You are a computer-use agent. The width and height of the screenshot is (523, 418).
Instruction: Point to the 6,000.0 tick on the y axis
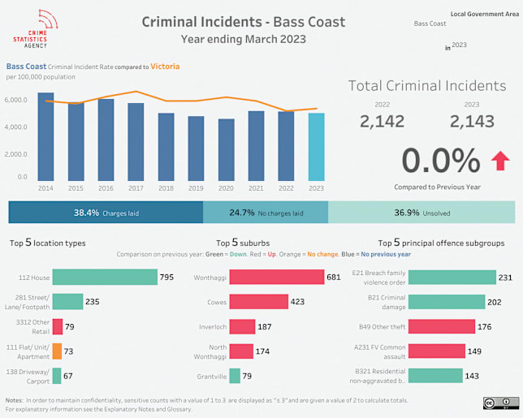coord(17,100)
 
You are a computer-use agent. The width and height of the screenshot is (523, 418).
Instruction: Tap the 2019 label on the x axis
coord(197,187)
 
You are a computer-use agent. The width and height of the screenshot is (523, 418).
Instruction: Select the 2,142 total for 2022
coord(382,121)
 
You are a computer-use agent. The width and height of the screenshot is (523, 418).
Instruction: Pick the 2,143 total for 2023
coord(471,121)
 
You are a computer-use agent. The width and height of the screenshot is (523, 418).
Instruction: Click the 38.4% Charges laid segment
coord(106,213)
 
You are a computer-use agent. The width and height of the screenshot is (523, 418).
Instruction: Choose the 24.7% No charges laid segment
coord(266,213)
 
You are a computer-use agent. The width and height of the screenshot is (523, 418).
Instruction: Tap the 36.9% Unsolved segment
coord(421,213)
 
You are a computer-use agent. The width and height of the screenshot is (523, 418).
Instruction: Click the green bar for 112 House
coord(104,277)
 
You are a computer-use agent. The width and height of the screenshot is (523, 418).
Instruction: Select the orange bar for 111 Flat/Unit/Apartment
coord(57,351)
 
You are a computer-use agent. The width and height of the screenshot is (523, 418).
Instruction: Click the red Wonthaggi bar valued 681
coord(275,277)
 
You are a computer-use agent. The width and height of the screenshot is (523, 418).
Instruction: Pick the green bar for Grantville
coord(235,376)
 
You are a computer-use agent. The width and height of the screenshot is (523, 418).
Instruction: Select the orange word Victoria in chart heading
coord(165,67)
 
